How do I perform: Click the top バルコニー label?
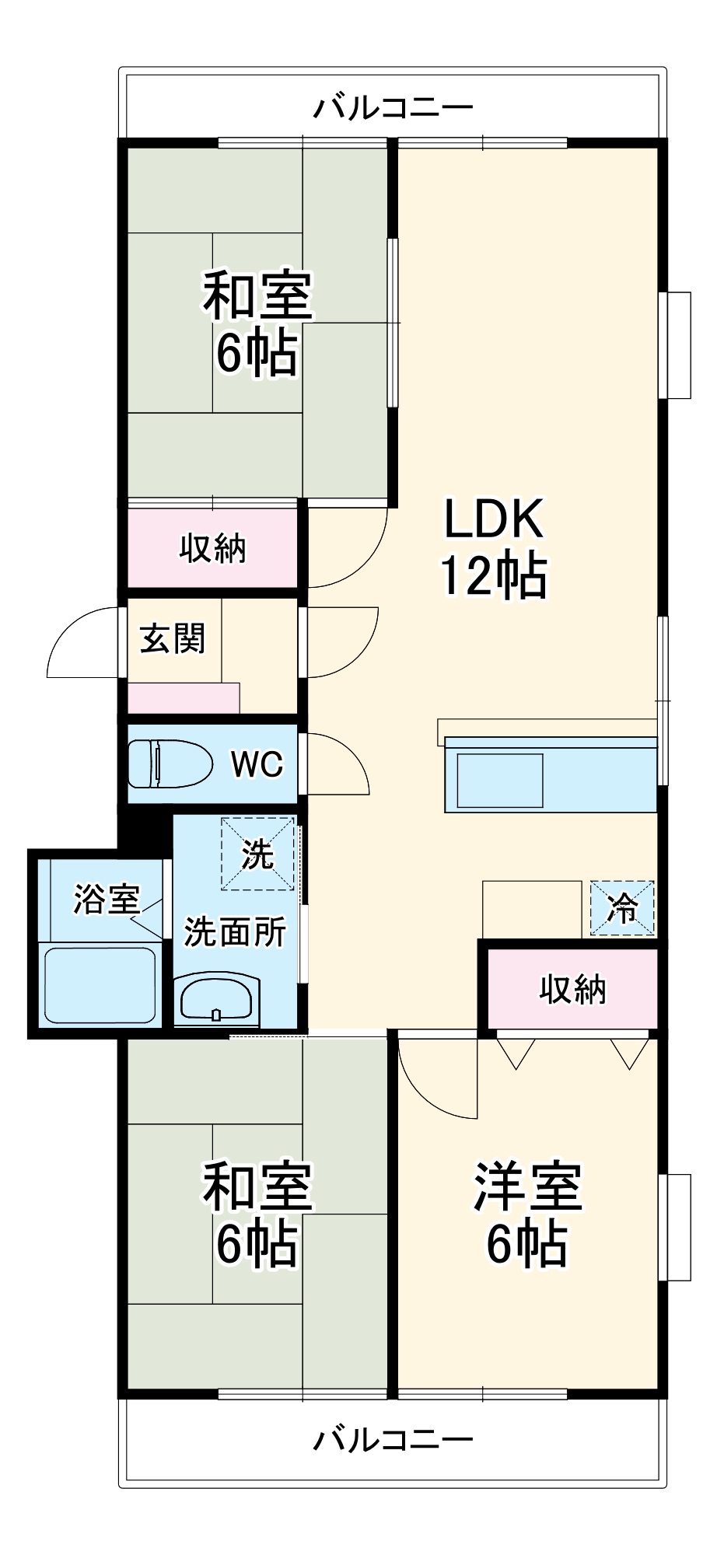[393, 107]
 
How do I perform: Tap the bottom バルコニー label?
[393, 1440]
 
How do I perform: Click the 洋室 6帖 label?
[527, 1214]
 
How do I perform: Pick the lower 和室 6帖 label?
[257, 1214]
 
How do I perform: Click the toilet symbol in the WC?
[170, 764]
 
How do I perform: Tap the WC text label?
[257, 764]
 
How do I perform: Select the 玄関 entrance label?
[173, 639]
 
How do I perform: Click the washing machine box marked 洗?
[257, 854]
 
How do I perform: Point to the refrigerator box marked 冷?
[622, 907]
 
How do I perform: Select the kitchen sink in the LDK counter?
[500, 781]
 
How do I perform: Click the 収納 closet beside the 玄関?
[212, 549]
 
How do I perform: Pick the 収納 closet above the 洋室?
[572, 989]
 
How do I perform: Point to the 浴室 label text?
[107, 900]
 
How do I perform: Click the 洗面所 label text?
[235, 931]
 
